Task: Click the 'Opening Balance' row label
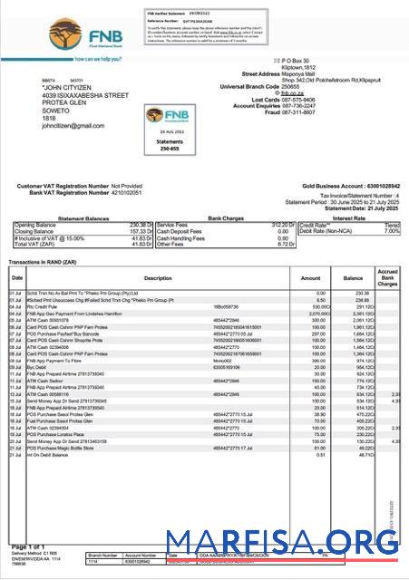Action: (35, 225)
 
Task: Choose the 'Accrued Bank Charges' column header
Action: (387, 277)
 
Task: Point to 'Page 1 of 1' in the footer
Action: (29, 546)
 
